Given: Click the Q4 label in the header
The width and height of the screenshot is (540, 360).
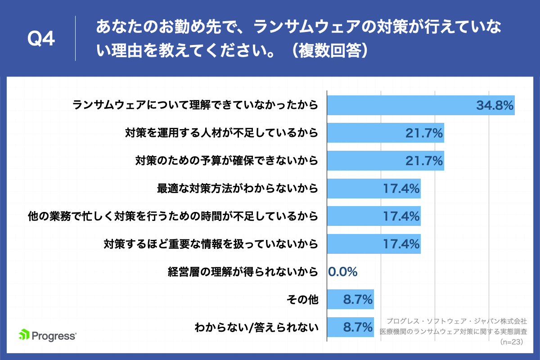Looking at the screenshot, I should click(x=41, y=40).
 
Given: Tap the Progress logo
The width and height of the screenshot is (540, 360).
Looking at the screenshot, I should click(x=47, y=335).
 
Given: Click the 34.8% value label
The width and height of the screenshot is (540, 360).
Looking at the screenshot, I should click(x=495, y=106).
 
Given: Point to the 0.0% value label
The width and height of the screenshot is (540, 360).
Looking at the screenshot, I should click(x=343, y=272).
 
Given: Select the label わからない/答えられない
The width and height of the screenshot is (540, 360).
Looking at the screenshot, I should click(x=256, y=327).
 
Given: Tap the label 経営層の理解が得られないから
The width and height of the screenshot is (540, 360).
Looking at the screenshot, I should click(x=243, y=272).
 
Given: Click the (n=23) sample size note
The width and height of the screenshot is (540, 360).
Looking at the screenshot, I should click(x=513, y=342).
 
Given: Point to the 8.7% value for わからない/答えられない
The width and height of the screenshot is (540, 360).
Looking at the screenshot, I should click(x=358, y=327).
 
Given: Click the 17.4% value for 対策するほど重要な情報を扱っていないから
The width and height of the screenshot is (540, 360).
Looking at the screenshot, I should click(x=401, y=244).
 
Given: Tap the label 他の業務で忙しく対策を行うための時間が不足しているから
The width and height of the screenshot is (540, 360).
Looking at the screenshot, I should click(x=173, y=216).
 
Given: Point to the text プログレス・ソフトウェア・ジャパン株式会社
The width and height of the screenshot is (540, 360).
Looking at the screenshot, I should click(x=456, y=321).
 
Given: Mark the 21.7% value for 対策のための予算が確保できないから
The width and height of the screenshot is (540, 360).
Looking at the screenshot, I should click(x=424, y=161).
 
